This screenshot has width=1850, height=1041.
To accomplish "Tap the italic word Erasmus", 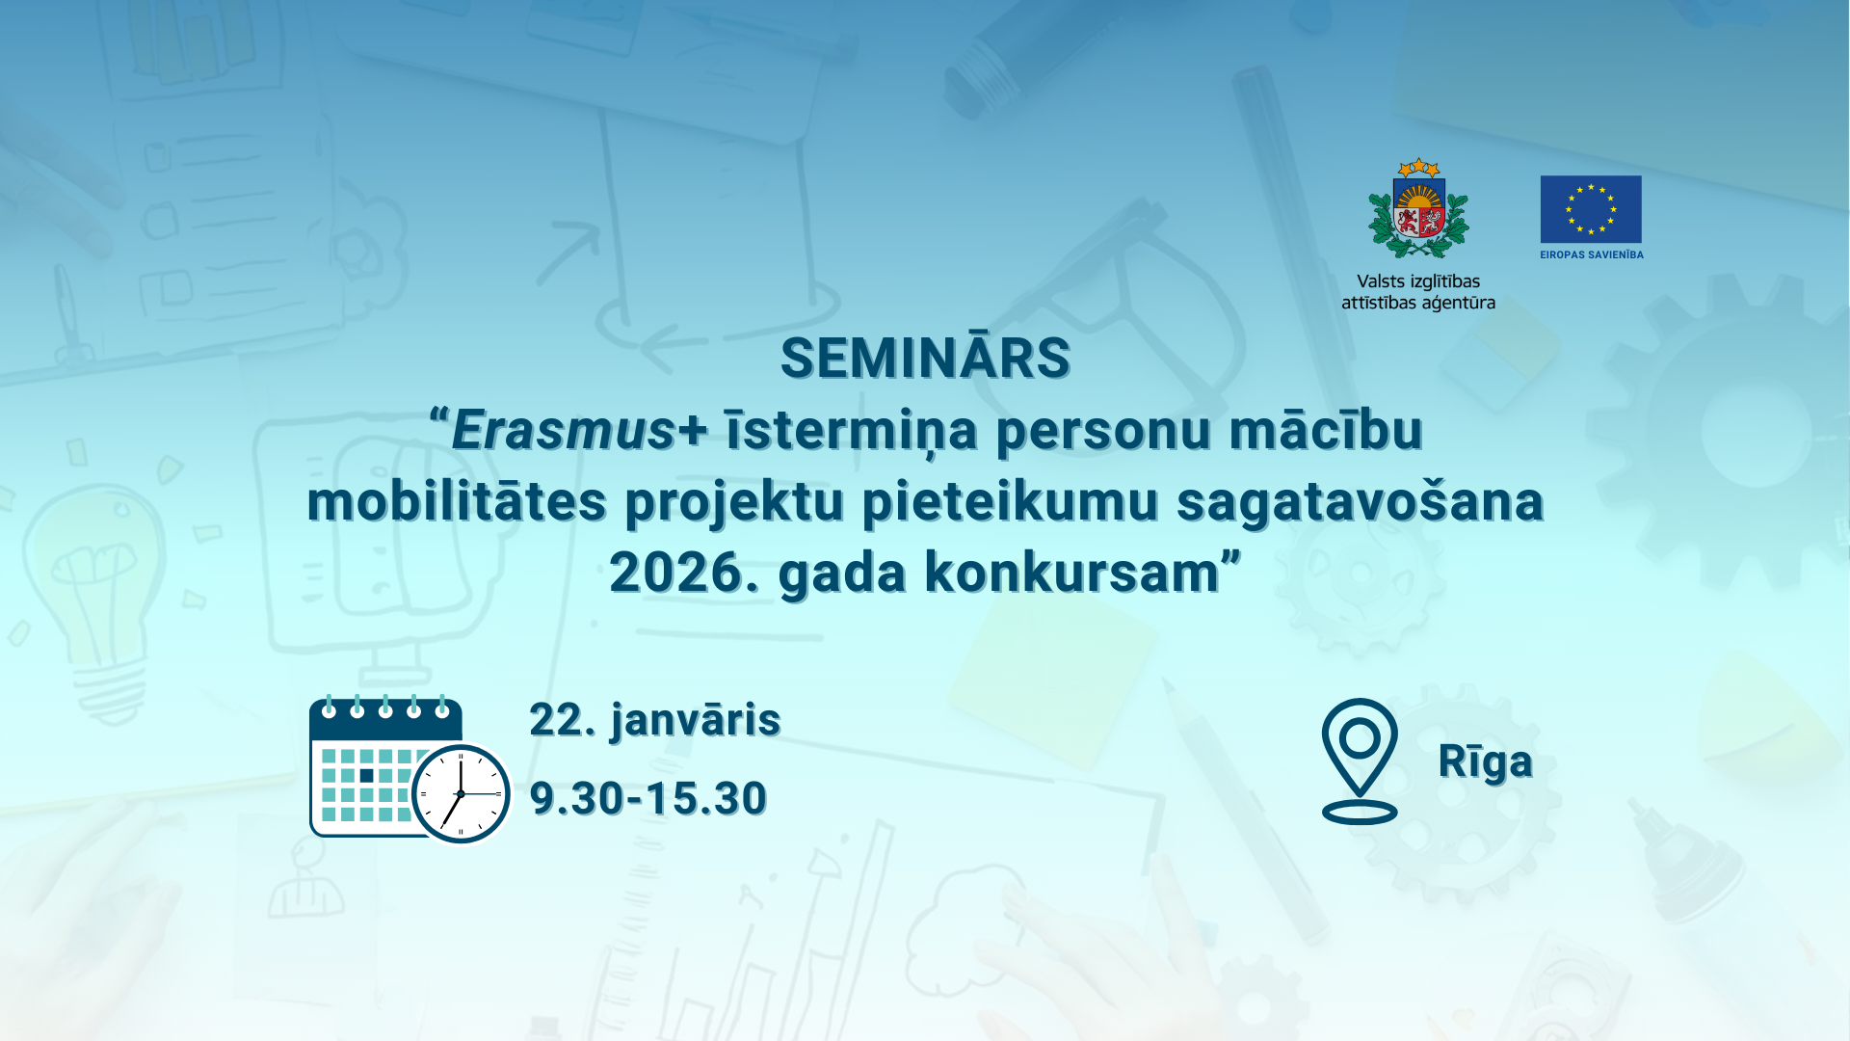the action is [x=563, y=430].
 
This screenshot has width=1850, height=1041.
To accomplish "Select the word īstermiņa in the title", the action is [x=852, y=431].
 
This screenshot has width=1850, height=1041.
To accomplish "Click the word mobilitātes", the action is [x=457, y=501].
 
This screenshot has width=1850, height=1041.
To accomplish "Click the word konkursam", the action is [x=1072, y=573].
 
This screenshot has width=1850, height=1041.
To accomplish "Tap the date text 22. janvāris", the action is [x=655, y=720].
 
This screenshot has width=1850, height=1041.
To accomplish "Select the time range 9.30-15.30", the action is [x=648, y=798].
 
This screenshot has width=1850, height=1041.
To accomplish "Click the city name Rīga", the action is [x=1485, y=761].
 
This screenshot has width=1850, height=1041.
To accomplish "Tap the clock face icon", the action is [x=461, y=793].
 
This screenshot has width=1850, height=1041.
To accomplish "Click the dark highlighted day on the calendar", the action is [x=366, y=775].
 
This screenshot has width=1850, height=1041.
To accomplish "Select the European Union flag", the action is [x=1591, y=209].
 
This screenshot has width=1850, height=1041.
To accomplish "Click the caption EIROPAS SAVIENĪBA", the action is [x=1592, y=254].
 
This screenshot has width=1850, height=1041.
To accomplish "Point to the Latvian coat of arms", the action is [x=1418, y=208].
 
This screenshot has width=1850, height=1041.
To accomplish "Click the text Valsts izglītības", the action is [x=1418, y=281].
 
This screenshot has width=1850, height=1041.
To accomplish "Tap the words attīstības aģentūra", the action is [x=1418, y=303].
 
